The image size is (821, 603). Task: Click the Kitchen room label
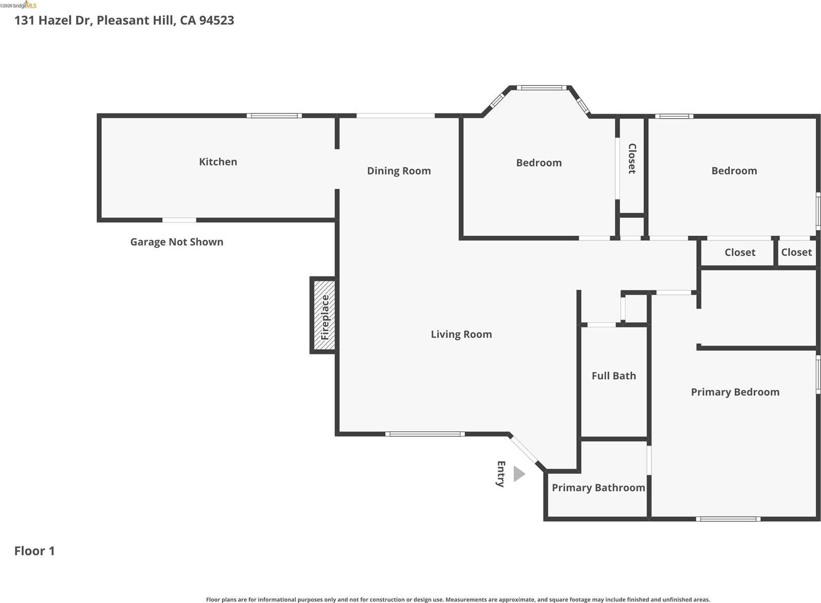(x=218, y=162)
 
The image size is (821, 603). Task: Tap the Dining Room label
(x=399, y=171)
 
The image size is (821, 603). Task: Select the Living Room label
(x=461, y=334)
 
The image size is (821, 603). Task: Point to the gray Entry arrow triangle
(x=519, y=474)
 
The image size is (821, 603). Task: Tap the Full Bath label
(x=613, y=376)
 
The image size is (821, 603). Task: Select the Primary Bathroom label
(x=598, y=488)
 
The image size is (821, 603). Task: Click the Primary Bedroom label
(x=735, y=392)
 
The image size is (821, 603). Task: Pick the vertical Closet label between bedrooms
(x=632, y=159)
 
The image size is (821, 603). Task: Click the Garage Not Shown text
(x=177, y=242)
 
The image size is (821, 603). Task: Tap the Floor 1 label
(x=34, y=551)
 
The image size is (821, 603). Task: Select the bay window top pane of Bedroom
(x=541, y=88)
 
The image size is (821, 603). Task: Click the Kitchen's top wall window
(x=274, y=116)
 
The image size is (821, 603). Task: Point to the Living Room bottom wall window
(x=425, y=434)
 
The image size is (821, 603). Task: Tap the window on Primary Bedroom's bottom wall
(x=728, y=519)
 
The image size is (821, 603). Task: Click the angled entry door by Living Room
(x=524, y=449)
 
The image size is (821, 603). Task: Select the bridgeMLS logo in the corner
(x=19, y=5)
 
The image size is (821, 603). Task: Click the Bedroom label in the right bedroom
(x=734, y=171)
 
